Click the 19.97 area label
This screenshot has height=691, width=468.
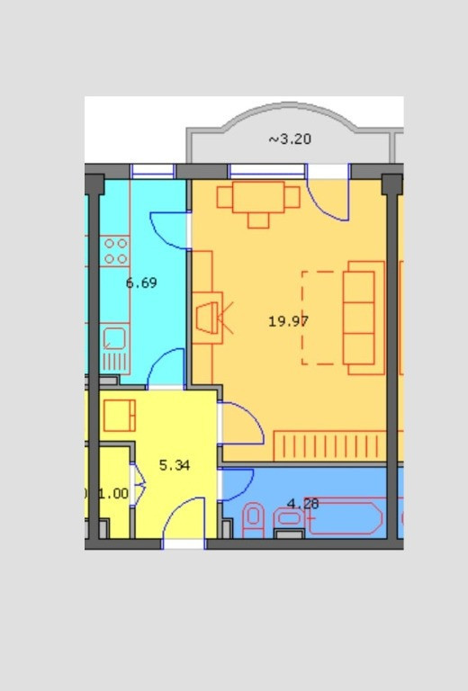pyautogui.click(x=289, y=321)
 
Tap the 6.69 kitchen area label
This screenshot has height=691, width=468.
pyautogui.click(x=141, y=283)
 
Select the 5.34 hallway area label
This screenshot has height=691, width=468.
pyautogui.click(x=175, y=465)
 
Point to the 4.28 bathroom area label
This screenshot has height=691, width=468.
pyautogui.click(x=302, y=503)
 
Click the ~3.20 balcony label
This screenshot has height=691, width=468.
pyautogui.click(x=290, y=139)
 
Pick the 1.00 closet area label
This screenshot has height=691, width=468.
pyautogui.click(x=113, y=494)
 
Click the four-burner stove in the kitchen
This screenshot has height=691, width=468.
pyautogui.click(x=114, y=251)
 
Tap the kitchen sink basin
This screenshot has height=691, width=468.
pyautogui.click(x=114, y=338)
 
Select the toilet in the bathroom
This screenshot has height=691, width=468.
pyautogui.click(x=254, y=520)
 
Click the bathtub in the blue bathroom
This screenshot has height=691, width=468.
pyautogui.click(x=345, y=518)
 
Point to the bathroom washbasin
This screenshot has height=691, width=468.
pyautogui.click(x=289, y=518)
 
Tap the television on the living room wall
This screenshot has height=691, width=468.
pyautogui.click(x=207, y=318)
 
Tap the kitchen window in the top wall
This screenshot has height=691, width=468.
pyautogui.click(x=152, y=171)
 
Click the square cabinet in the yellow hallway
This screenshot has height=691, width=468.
pyautogui.click(x=120, y=416)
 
